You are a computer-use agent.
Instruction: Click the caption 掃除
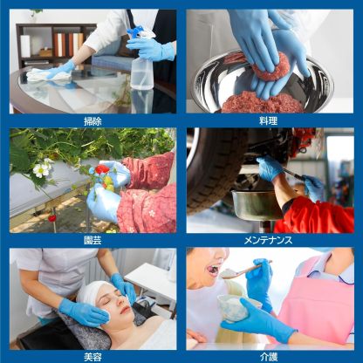[92, 121]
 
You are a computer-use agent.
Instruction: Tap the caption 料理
[268, 120]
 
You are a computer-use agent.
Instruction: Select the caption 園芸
[92, 240]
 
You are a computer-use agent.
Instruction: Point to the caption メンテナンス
[268, 240]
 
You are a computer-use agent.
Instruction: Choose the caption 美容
[92, 357]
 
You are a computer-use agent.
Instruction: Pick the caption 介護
[269, 357]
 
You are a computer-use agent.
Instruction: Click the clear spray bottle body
[141, 72]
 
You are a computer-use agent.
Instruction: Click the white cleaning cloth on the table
[48, 74]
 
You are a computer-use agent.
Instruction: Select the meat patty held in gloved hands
[271, 67]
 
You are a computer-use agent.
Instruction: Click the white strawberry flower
[41, 170]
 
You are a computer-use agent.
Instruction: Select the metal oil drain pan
[257, 204]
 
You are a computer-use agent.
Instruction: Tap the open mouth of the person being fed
[212, 270]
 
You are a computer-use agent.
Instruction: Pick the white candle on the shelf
[25, 46]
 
